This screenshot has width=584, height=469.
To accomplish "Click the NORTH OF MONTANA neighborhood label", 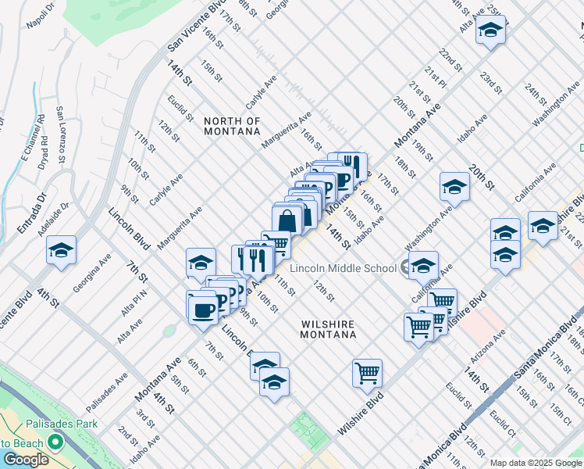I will [x=232, y=126].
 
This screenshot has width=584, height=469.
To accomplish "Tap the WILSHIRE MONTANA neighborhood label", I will [x=328, y=328].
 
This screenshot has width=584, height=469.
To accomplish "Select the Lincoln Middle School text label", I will [x=343, y=268].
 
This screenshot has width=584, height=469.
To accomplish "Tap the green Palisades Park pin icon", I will [x=54, y=442].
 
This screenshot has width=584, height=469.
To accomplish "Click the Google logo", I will [x=26, y=459].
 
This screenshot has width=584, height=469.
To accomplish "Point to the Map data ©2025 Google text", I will [x=535, y=463].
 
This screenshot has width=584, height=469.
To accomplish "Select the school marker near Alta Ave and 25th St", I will [x=490, y=30].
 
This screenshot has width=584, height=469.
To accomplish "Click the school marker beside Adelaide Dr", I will [x=61, y=250].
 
